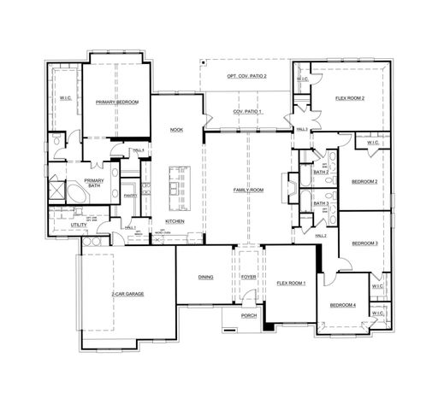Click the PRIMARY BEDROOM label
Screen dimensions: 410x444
pos(117,102)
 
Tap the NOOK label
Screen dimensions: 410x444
pos(177,130)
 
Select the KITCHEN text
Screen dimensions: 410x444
pos(175,221)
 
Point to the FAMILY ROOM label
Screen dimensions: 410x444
pos(249,190)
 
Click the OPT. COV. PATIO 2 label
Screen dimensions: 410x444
pos(246,77)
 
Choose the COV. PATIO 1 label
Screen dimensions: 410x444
pos(247,113)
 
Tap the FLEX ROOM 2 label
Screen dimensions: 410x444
pos(349,99)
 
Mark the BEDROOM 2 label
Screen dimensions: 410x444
pos(364,181)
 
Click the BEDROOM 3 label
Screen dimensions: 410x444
pos(364,243)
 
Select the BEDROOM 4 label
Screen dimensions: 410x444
pos(343,305)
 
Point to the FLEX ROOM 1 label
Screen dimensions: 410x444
pos(290,282)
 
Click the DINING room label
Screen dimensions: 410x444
pos(205,278)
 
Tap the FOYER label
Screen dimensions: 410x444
pos(248,278)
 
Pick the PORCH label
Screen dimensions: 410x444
pos(248,316)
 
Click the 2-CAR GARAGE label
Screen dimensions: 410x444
pos(127,294)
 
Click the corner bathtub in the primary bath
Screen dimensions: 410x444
pos(75,195)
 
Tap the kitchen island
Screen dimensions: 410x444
pos(176,188)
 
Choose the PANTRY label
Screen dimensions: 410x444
pos(130,196)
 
